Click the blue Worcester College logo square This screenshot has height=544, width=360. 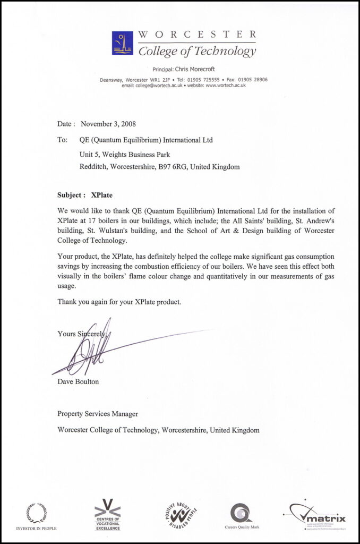pyautogui.click(x=123, y=43)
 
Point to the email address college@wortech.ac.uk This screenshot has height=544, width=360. pyautogui.click(x=158, y=85)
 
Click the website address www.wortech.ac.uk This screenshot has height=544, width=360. pyautogui.click(x=225, y=85)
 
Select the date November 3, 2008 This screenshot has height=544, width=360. pyautogui.click(x=108, y=124)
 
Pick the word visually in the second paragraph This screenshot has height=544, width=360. pyautogui.click(x=76, y=276)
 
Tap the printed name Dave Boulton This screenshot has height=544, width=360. pyautogui.click(x=78, y=381)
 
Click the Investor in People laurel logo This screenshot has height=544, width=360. pyautogui.click(x=36, y=513)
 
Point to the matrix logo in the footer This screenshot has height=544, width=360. pyautogui.click(x=319, y=515)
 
